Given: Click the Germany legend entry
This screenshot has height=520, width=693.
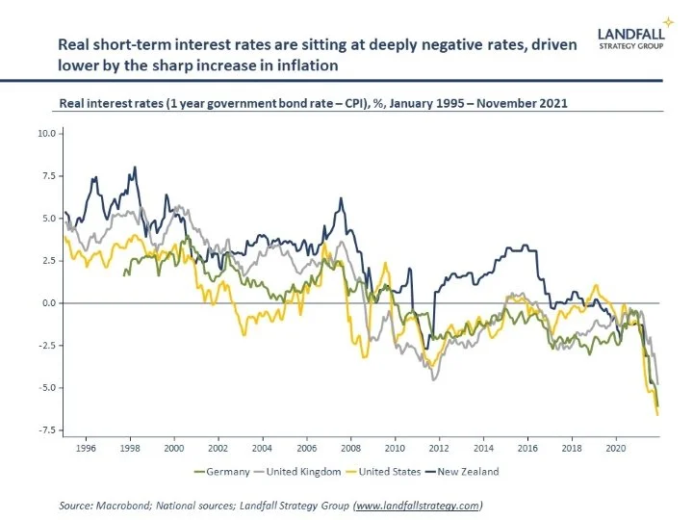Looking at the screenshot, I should click(228, 472).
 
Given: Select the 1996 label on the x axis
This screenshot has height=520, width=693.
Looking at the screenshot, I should click(86, 448).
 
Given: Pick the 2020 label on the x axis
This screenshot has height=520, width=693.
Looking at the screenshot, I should click(614, 448).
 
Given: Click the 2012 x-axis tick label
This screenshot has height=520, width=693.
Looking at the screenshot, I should click(438, 448).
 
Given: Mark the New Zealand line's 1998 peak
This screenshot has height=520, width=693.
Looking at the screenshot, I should click(134, 168).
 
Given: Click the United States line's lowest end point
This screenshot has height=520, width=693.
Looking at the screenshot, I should click(657, 414).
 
